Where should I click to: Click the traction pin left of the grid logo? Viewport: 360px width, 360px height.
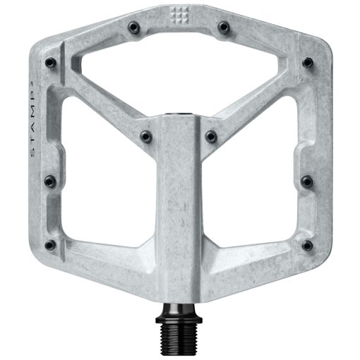(133, 28)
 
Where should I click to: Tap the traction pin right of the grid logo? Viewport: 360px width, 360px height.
(224, 28)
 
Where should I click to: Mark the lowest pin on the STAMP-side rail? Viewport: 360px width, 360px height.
(52, 246)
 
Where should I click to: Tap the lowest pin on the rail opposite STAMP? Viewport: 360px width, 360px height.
(307, 246)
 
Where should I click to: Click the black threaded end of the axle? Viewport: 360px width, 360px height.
(179, 340)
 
